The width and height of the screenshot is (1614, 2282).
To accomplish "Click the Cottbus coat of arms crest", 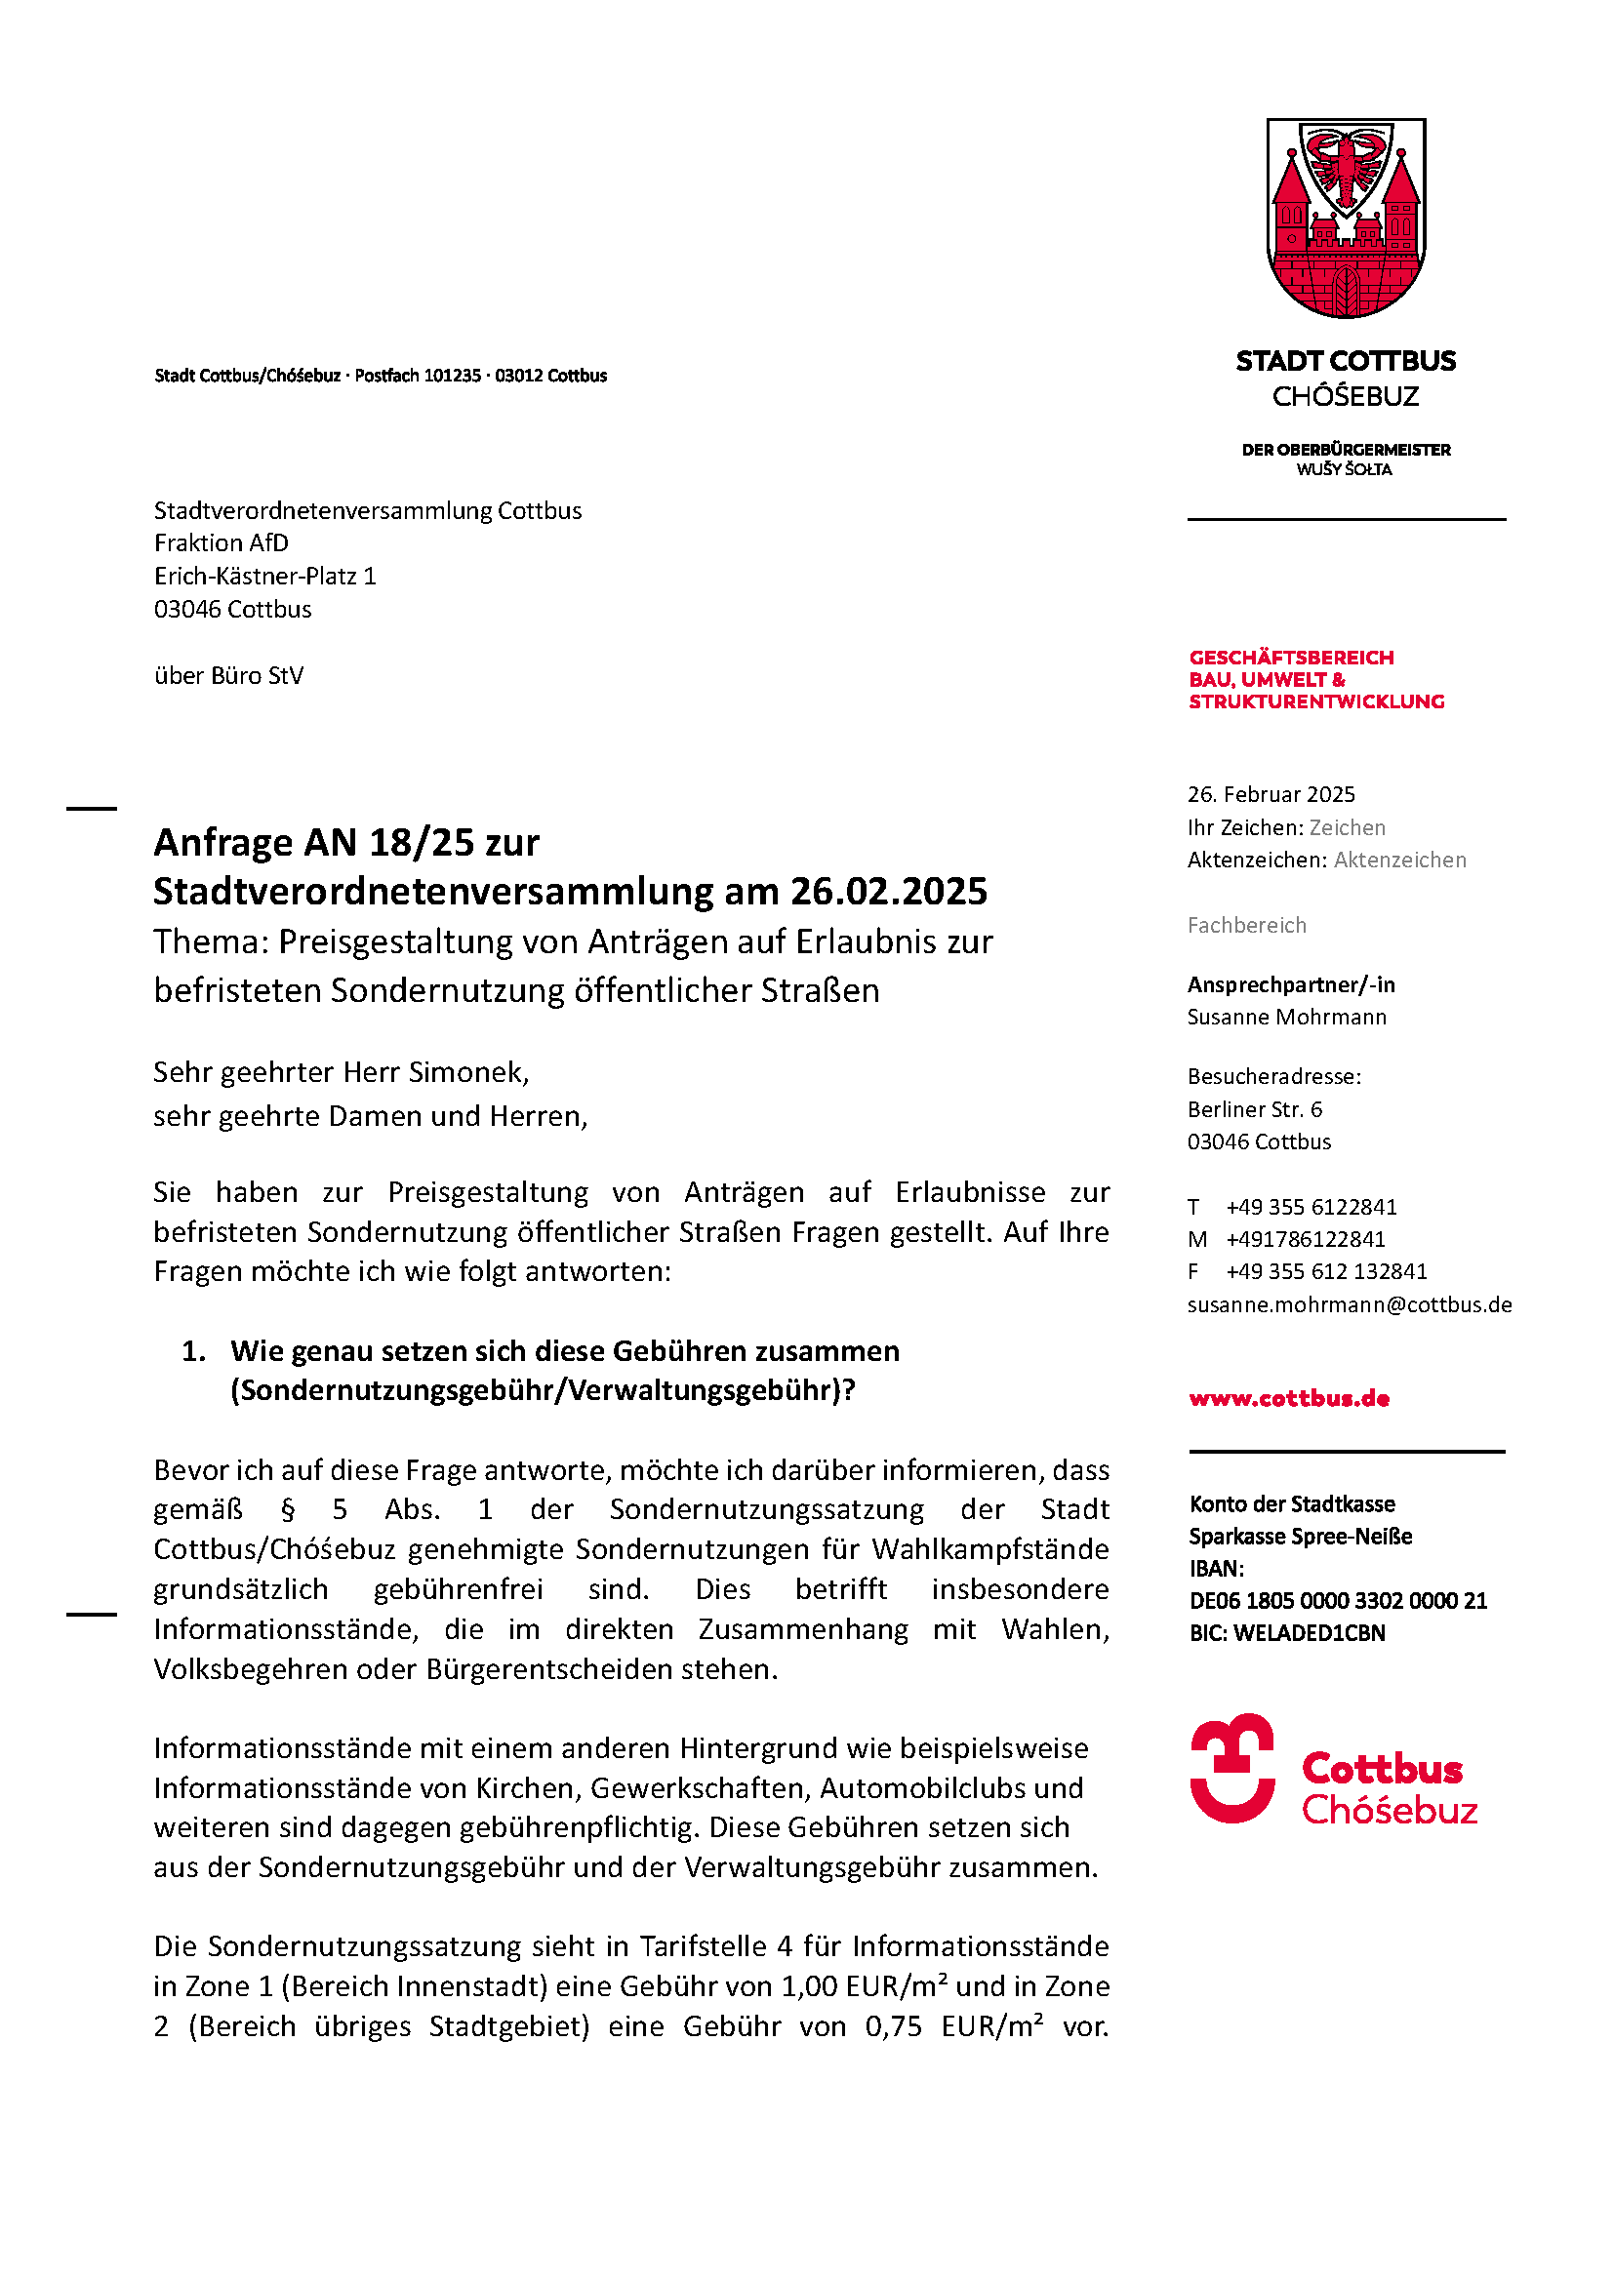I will (1346, 218).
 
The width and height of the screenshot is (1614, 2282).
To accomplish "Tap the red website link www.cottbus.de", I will (1289, 1398).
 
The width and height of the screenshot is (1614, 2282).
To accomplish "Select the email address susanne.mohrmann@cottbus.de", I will (1350, 1305).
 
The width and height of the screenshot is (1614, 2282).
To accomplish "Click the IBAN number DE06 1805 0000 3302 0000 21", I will (1338, 1600).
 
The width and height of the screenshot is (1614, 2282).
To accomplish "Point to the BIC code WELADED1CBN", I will (1309, 1633).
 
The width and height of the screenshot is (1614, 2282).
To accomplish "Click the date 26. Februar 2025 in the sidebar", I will (1271, 794).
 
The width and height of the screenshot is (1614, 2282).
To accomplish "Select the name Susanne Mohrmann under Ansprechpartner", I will (1287, 1017).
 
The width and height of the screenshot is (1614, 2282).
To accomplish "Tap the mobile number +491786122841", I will (1305, 1239).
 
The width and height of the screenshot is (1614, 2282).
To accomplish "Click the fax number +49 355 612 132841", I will (1326, 1271).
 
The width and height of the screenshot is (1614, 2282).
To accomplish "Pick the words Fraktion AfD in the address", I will (222, 542).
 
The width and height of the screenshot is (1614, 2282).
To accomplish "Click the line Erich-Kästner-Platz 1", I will (265, 576).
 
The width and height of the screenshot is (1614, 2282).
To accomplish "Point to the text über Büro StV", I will (228, 676).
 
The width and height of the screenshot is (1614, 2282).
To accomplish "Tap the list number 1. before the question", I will (194, 1351).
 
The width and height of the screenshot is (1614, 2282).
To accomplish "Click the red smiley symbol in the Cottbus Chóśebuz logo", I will (1232, 1768).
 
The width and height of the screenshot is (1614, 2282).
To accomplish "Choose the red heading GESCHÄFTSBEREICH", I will (1291, 658).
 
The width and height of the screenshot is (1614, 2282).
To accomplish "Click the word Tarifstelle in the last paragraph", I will (703, 1946).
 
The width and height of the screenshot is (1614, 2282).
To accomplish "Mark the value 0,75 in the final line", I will (894, 2026).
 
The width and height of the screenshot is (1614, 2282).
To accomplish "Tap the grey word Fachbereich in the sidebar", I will (1246, 925).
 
